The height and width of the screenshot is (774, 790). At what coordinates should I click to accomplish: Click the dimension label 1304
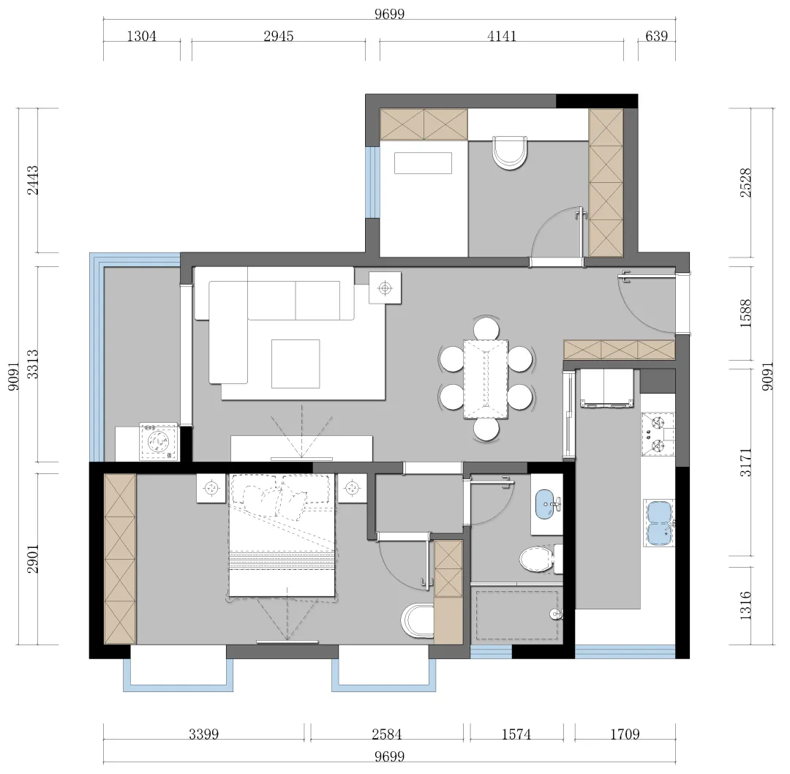(142, 37)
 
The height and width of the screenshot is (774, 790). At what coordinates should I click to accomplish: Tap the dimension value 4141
(502, 37)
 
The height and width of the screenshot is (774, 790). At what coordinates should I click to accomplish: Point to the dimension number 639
(656, 37)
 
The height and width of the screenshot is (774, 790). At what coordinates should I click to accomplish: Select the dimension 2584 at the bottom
(387, 734)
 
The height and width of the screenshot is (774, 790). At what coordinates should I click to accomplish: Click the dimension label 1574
(516, 734)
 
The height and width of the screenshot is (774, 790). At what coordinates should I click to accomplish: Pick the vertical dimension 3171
(745, 462)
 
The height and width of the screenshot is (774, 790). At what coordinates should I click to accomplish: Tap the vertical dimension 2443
(32, 180)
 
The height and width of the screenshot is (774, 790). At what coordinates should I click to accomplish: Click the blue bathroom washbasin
(545, 503)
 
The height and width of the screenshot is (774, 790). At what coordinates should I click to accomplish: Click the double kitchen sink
(660, 524)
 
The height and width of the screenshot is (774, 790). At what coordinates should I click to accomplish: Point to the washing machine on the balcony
(159, 442)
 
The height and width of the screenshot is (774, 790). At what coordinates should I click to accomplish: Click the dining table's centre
(486, 379)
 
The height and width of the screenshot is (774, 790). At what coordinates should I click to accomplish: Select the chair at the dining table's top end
(486, 328)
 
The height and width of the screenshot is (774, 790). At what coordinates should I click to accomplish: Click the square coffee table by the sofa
(296, 364)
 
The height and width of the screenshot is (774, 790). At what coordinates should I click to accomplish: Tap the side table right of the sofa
(385, 288)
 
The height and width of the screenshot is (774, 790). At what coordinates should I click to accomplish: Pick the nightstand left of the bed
(211, 488)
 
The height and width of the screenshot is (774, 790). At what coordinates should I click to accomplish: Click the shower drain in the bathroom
(555, 615)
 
